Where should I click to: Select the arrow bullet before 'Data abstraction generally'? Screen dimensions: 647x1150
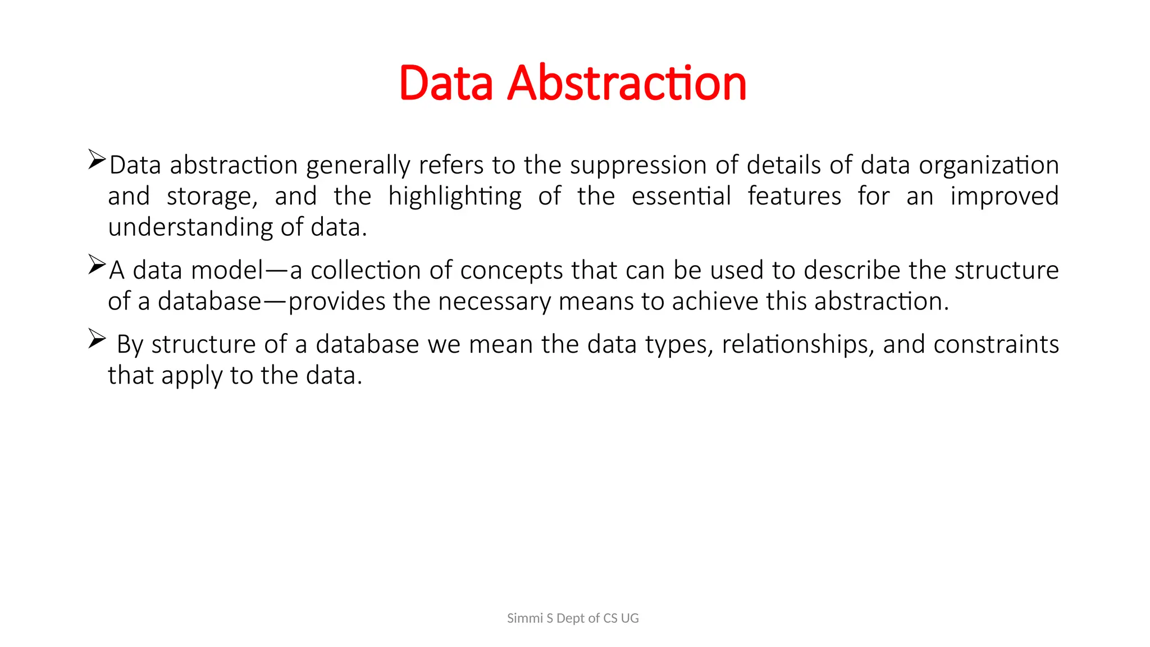[97, 160]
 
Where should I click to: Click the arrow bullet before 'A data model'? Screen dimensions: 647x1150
[97, 265]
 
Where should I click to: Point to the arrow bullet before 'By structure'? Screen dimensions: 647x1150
[97, 339]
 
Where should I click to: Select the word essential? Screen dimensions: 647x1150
[681, 197]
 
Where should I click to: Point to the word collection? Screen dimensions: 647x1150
[365, 271]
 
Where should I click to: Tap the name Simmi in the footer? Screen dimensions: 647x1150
[524, 618]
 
